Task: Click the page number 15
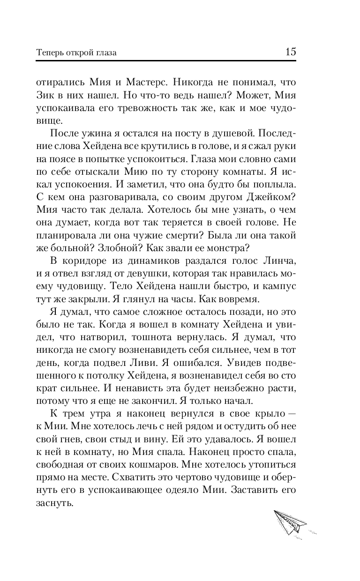point(290,52)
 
